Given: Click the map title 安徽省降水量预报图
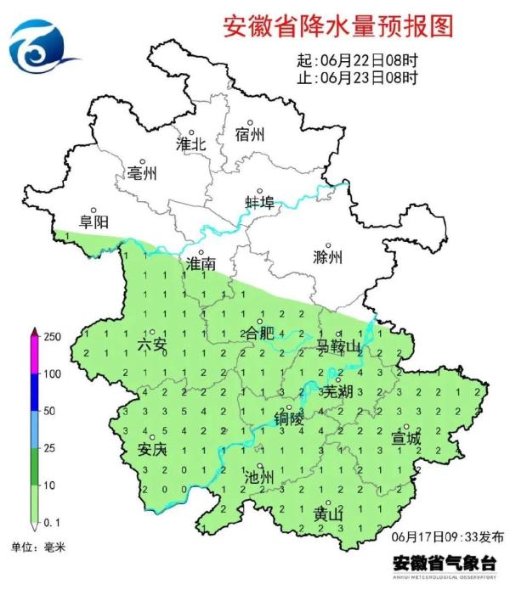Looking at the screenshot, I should click(x=337, y=26).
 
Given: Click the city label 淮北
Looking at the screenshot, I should click(x=191, y=144).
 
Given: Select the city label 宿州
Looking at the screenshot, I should click(x=251, y=135).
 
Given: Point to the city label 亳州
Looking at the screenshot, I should click(x=142, y=174).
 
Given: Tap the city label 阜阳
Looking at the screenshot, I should click(x=93, y=222).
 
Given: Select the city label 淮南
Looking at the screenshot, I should click(x=201, y=265).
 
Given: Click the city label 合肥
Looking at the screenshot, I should click(x=259, y=334).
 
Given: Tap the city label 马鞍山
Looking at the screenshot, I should click(x=335, y=345).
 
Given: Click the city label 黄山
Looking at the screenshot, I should click(x=328, y=514).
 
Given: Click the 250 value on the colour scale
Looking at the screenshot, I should click(x=52, y=338).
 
